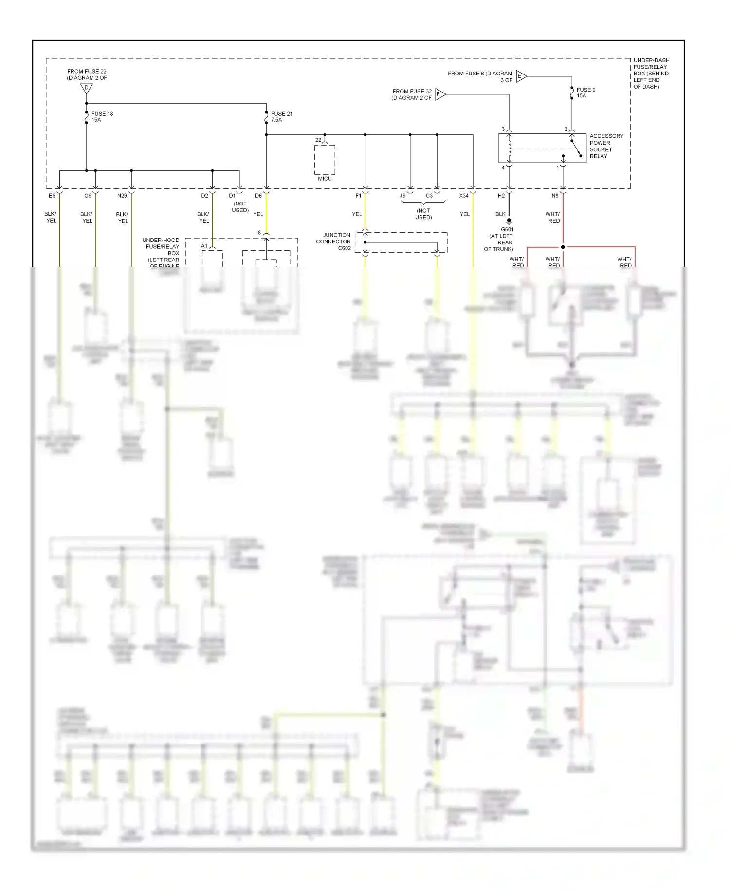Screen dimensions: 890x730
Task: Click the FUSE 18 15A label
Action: coord(102,117)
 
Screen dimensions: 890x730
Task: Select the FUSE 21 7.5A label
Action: coord(281,117)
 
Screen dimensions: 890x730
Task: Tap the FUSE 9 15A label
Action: coord(585,93)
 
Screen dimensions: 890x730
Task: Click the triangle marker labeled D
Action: coord(86,89)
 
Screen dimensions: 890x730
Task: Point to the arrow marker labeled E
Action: coord(520,76)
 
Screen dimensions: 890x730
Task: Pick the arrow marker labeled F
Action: coord(439,94)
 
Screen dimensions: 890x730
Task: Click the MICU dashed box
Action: coord(325,160)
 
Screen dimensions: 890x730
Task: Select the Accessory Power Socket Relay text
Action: coord(606,146)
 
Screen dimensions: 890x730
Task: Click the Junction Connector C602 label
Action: coord(334,241)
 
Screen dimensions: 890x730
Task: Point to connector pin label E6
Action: coord(52,196)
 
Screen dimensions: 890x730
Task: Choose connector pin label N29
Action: coord(122,196)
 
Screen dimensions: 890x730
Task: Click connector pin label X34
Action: coord(464,196)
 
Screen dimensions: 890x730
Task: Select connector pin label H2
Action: coord(501,196)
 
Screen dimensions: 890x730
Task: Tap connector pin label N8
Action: coord(555,196)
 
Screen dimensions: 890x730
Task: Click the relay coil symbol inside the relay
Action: coord(509,148)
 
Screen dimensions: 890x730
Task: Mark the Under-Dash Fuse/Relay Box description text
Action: coord(651,74)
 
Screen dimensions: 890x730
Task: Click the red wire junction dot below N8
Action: coord(563,247)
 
